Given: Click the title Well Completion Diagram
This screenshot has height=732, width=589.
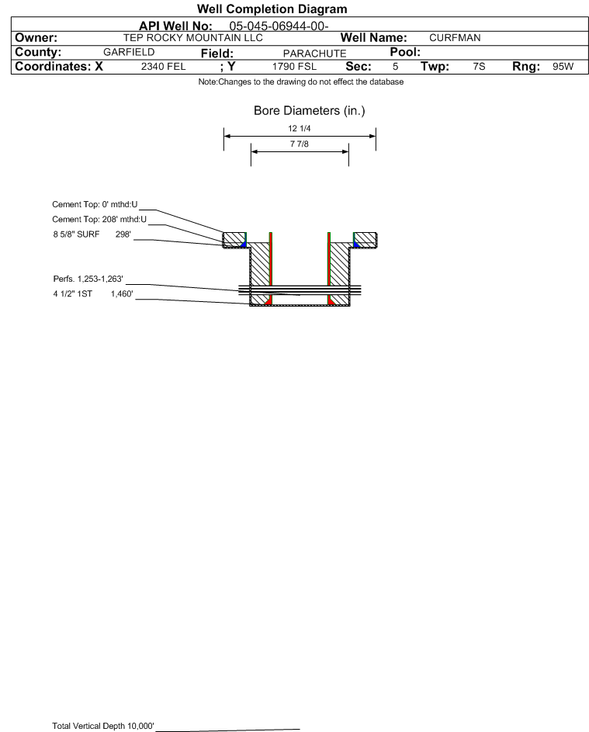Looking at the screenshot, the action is (x=272, y=9).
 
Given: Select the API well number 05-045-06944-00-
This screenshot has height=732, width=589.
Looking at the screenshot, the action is (x=279, y=26).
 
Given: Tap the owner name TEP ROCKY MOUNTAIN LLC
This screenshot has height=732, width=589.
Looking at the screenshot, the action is (x=192, y=38).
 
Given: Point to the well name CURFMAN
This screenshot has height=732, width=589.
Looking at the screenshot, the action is (x=455, y=38).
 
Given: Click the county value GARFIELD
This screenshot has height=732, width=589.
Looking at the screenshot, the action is (x=129, y=52).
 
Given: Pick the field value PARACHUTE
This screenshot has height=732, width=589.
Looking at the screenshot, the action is (x=314, y=54).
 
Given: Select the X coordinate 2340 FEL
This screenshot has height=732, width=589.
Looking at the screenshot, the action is (x=163, y=67).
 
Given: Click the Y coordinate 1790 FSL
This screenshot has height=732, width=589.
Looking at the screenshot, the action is (x=294, y=67).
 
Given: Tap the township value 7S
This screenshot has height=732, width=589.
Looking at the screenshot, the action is (x=479, y=67).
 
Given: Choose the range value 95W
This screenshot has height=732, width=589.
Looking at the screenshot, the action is (x=563, y=67).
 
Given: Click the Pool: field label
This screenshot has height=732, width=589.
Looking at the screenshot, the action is (x=405, y=52).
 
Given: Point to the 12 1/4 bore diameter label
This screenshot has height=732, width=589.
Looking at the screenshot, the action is (x=300, y=128).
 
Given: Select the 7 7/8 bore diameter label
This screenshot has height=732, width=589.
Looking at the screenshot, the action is (x=300, y=144).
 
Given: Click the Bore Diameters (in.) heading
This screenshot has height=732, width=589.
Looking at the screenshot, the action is (x=310, y=111).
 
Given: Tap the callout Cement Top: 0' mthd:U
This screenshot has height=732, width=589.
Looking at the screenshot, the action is (x=95, y=204).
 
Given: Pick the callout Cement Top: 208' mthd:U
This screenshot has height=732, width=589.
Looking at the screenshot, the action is (x=99, y=220).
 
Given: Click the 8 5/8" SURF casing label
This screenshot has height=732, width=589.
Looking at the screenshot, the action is (x=76, y=234).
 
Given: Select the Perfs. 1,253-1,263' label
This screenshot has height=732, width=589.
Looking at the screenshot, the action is (x=88, y=279).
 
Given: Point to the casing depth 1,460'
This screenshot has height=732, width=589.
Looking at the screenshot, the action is (x=122, y=294).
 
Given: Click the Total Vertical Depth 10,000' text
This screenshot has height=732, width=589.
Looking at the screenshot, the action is (x=103, y=726).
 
